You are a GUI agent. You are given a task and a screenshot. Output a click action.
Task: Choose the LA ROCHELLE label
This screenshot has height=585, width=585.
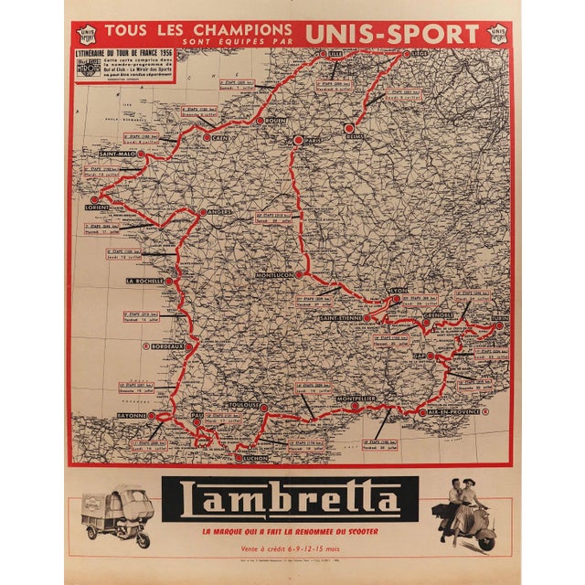click(144, 282)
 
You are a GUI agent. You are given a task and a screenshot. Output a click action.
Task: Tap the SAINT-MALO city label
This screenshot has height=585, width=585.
click(119, 154)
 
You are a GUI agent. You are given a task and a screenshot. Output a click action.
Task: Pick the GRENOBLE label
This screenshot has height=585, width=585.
click(439, 315)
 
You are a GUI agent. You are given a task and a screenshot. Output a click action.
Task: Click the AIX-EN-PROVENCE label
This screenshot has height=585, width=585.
click(450, 413)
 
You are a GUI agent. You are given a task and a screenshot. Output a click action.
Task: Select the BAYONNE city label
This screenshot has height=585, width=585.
click(133, 416)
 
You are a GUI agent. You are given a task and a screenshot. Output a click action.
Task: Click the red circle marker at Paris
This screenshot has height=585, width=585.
click(297, 140)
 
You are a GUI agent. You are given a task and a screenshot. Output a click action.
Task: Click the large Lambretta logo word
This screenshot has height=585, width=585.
click(291, 501)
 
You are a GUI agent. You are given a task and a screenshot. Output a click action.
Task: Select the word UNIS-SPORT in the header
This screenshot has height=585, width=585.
click(393, 34)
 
